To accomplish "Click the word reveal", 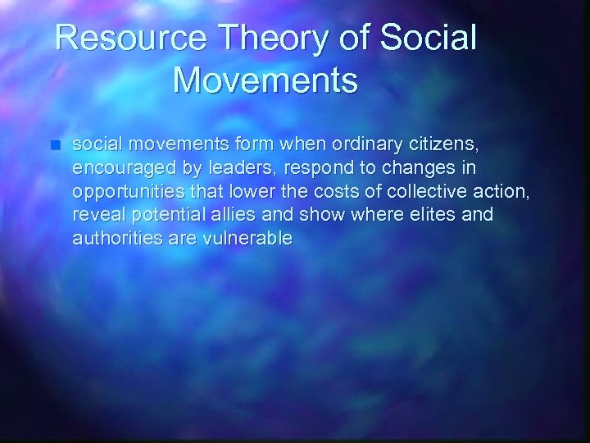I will tap(93, 216).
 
